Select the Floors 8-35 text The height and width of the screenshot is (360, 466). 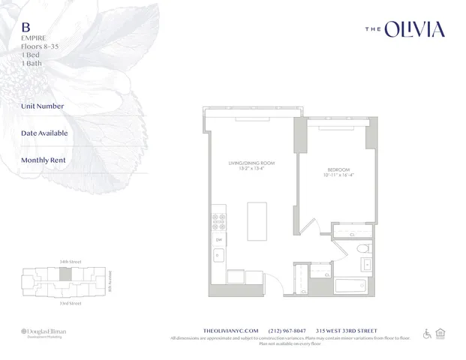pos(42,45)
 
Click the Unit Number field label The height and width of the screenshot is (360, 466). pos(43,106)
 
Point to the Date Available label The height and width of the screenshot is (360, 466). pos(44,133)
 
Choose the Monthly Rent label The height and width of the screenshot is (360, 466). pos(44,160)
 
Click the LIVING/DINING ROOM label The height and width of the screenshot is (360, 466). pos(251,163)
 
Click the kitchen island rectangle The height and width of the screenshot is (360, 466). pos(257,221)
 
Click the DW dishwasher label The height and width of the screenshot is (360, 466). pos(219,240)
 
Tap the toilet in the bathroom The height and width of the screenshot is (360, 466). pos(362,248)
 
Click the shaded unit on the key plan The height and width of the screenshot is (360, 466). pos(67,275)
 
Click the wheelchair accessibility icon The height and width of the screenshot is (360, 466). pos(428,334)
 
